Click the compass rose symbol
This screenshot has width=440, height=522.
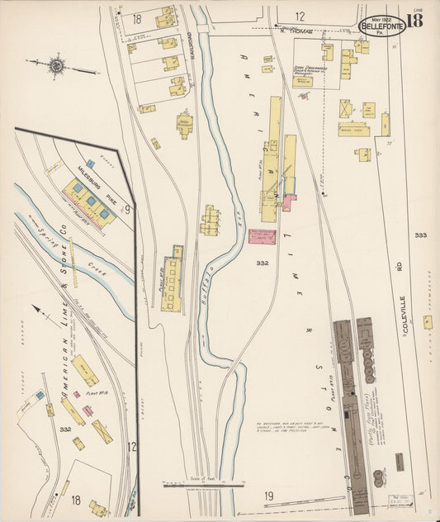coord(56,63)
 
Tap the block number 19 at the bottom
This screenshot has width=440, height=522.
coord(269,496)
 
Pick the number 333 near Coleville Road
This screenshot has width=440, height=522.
coord(420,235)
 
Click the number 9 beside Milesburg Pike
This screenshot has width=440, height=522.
coord(127,211)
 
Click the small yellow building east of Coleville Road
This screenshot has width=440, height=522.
coord(428,321)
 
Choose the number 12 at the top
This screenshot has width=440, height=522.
coord(300,17)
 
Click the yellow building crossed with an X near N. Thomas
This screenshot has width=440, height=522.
coord(345,107)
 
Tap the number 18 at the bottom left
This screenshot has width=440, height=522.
coord(76,500)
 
